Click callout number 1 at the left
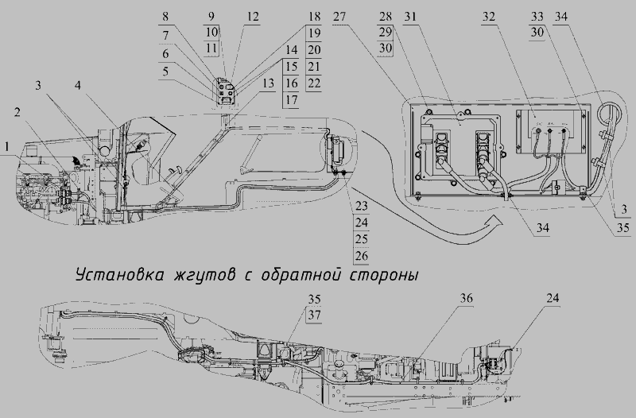click(x=6, y=148)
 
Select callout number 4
click(x=77, y=83)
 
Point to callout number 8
click(x=165, y=16)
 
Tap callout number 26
click(x=362, y=256)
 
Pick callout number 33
click(x=538, y=16)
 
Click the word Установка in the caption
click(x=119, y=275)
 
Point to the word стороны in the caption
click(x=385, y=275)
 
